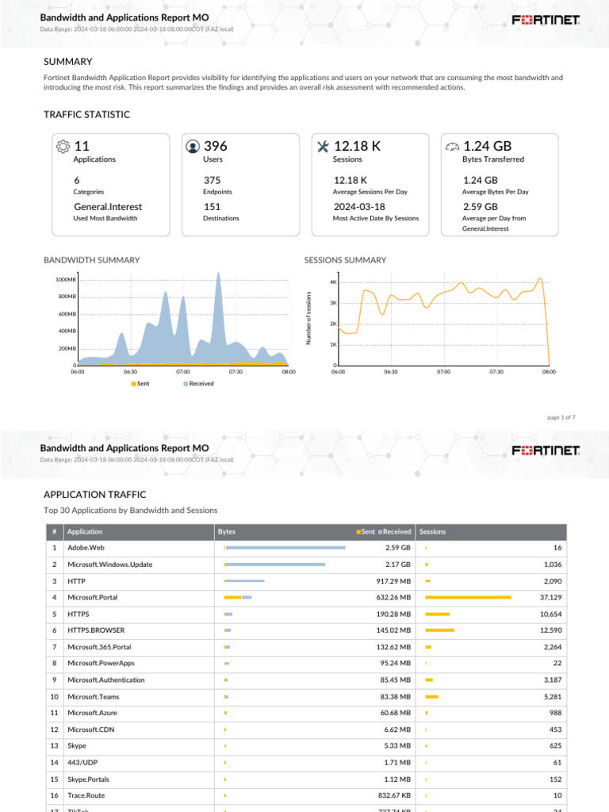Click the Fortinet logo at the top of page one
pos(546,20)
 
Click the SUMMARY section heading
pos(67,62)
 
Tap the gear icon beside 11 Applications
pos(63,147)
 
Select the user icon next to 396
pos(193,147)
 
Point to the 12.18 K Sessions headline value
pos(357,146)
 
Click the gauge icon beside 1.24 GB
pos(452,147)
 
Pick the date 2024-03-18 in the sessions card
pos(358,207)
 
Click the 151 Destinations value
pos(212,207)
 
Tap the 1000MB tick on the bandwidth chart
pos(66,280)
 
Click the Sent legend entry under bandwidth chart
pos(140,383)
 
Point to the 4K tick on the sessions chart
pos(334,282)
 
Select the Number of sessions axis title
pos(309,318)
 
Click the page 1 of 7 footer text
pos(561,417)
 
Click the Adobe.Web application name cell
pos(86,548)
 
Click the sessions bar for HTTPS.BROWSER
pos(440,630)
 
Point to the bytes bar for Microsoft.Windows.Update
pos(275,565)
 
